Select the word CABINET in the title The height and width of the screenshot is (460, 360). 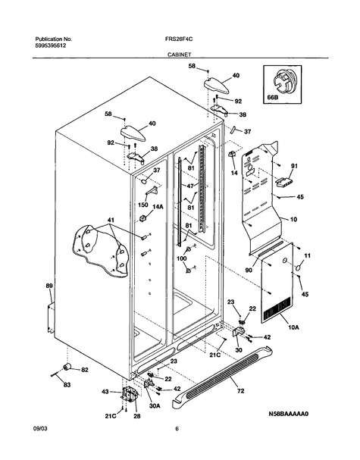point(179,55)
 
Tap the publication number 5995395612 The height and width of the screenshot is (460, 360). point(51,45)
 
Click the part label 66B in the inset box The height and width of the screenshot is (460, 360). point(272,98)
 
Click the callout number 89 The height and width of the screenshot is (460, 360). point(49,286)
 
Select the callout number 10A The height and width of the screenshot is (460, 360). point(293,327)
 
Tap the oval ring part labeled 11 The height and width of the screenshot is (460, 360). point(298,268)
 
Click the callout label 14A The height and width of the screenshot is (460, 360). point(158,207)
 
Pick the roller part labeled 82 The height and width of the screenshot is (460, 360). point(67,367)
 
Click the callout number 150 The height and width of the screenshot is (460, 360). point(143,205)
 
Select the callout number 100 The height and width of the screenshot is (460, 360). point(182,258)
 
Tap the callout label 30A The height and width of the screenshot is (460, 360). point(155,406)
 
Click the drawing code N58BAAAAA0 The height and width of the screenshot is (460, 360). point(289,414)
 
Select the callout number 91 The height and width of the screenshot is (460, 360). point(294,166)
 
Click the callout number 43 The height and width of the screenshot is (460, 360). point(105,391)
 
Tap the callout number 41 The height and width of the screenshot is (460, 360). point(111,220)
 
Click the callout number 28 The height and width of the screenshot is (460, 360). point(137,416)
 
